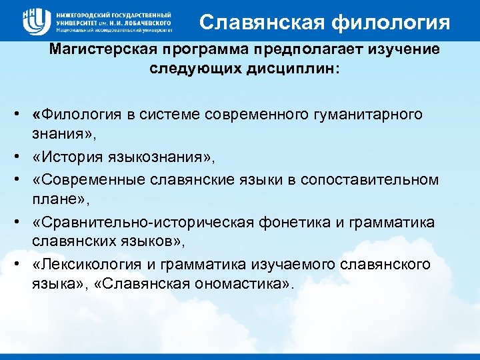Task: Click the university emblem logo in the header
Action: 35,21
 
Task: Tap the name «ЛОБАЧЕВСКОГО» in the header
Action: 148,22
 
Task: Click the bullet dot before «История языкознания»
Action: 21,157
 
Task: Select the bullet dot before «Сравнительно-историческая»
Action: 21,222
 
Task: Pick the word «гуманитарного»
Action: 379,114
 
